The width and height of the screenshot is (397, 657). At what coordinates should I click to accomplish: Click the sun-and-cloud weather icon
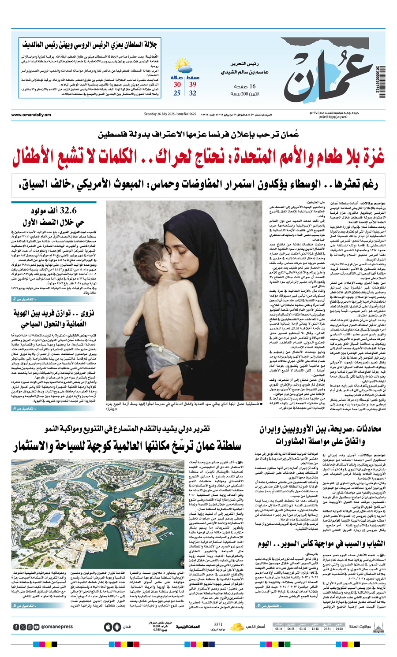tap(183, 67)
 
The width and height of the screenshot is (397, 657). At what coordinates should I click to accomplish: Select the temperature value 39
tap(193, 84)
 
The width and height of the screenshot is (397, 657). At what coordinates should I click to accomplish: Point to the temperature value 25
tap(177, 93)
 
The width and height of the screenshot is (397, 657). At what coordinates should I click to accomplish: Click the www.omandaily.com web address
tap(31, 115)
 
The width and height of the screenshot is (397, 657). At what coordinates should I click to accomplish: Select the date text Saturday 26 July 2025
tap(159, 115)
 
